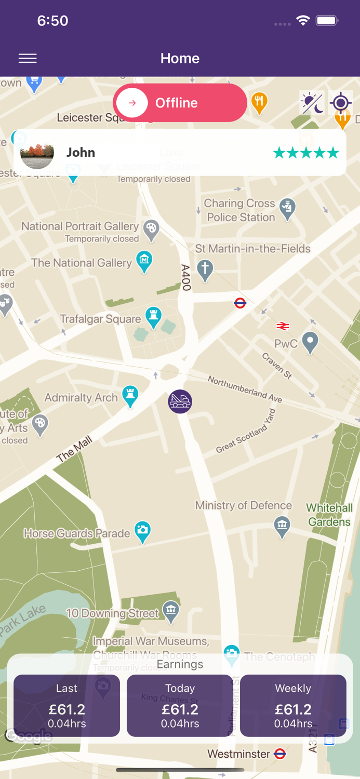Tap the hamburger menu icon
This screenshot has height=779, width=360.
[28, 59]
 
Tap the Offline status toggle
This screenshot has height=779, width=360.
[180, 103]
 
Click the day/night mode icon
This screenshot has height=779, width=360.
[312, 103]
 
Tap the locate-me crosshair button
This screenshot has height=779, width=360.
[341, 103]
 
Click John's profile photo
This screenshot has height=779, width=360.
[37, 153]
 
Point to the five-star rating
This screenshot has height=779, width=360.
[306, 153]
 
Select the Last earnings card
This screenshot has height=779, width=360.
[66, 705]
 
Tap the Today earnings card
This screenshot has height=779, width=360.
[180, 705]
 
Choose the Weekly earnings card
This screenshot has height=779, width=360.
[293, 705]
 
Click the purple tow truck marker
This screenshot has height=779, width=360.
[180, 401]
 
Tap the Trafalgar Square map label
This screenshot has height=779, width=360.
[100, 319]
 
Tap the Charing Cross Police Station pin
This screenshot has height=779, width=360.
[287, 208]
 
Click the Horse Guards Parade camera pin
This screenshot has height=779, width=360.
[142, 531]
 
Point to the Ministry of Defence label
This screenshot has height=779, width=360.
[243, 505]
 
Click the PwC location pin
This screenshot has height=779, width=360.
[310, 342]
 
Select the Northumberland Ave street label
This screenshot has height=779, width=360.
[245, 388]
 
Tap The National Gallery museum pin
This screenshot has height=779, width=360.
[144, 260]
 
